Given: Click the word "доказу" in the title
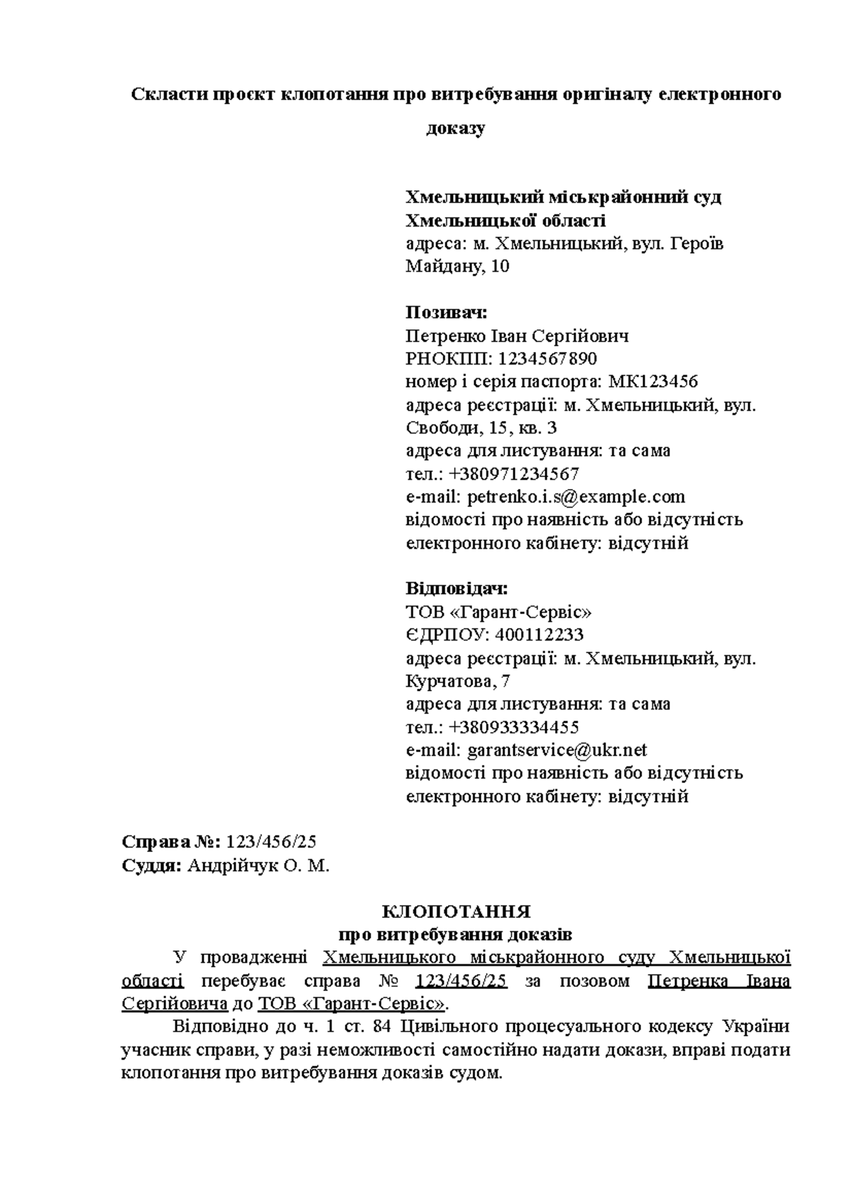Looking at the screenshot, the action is point(455,128).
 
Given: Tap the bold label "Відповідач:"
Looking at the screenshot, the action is point(457,589).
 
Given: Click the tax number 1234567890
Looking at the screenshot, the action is point(547,359).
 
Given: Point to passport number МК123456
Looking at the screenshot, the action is point(653,382).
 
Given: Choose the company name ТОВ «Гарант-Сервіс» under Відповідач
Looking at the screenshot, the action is point(498,612).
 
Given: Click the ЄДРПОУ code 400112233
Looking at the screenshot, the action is point(540,635).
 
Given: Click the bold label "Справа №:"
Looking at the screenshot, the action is point(172,842).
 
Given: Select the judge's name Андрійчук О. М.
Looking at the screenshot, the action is point(259,865).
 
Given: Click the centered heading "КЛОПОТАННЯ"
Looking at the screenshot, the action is point(456,912).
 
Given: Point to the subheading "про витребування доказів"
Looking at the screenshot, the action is point(456,934).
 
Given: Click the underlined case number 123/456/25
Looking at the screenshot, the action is point(461,981).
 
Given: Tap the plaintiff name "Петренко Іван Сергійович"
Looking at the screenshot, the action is point(517,336).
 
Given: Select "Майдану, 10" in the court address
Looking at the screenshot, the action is point(457,267).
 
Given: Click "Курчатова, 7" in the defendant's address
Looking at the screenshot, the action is point(458,682).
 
